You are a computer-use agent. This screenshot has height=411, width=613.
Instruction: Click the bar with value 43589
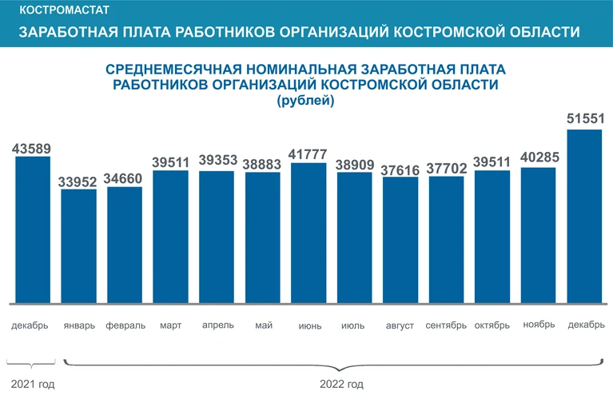tap(33, 229)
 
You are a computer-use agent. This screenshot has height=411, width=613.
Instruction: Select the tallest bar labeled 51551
tap(584, 216)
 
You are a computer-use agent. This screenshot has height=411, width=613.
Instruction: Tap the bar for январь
tap(78, 246)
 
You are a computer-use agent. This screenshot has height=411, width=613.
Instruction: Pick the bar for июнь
tap(308, 233)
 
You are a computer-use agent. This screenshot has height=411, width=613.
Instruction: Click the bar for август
tap(400, 240)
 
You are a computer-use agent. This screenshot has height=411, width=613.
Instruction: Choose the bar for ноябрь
tap(539, 235)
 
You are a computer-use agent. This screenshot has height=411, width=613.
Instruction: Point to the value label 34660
tap(125, 178)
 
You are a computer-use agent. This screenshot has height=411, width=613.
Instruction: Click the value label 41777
tap(308, 154)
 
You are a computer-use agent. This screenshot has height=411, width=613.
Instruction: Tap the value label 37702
tap(446, 168)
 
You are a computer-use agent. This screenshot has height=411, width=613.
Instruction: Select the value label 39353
tap(217, 162)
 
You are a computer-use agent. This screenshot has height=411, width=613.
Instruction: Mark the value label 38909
tap(354, 163)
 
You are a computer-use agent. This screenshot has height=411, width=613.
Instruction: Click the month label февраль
tap(125, 325)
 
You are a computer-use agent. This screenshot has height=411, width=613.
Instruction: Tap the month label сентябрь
tap(446, 325)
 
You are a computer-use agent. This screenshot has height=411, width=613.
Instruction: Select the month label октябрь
tap(492, 325)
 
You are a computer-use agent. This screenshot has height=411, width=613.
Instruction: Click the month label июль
tap(352, 325)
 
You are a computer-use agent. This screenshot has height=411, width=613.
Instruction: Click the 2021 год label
tap(33, 385)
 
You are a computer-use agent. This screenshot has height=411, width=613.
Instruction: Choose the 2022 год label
tap(341, 385)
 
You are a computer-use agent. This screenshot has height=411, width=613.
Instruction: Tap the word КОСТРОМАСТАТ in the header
tap(64, 11)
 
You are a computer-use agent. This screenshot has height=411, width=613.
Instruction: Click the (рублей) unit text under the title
tap(305, 101)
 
